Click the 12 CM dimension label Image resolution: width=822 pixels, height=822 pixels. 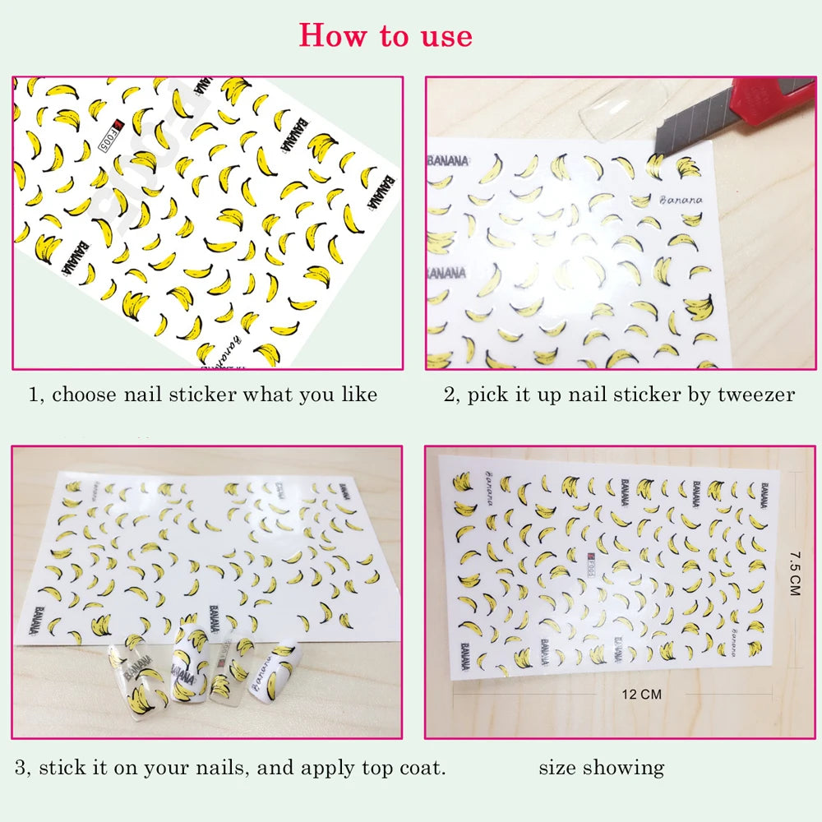(x=642, y=695)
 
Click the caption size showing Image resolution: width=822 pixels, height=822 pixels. (x=601, y=769)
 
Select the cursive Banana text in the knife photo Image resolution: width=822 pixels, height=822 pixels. (x=681, y=200)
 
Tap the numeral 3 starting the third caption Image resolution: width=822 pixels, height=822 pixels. (x=21, y=769)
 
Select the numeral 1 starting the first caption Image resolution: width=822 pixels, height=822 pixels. (x=34, y=395)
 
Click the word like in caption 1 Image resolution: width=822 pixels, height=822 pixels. (x=358, y=395)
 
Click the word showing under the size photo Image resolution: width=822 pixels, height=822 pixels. (x=625, y=769)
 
